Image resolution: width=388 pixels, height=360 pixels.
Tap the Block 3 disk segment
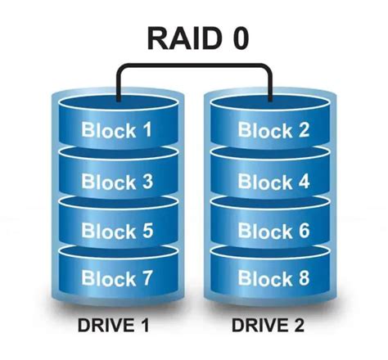point(117,181)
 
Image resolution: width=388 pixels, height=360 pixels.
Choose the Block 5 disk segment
point(117,232)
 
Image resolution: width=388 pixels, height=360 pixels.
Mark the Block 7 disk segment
point(117,278)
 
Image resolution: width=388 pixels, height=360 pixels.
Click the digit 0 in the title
point(237,38)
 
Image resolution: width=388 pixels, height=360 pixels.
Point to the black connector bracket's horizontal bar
point(194,66)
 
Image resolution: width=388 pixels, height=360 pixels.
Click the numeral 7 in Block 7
point(146,278)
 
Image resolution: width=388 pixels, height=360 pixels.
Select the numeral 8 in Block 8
point(303,278)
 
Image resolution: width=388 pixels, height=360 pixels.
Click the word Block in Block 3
point(107,181)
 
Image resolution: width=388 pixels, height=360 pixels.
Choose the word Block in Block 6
point(264,232)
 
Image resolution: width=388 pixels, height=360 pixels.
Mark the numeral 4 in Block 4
point(303,181)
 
